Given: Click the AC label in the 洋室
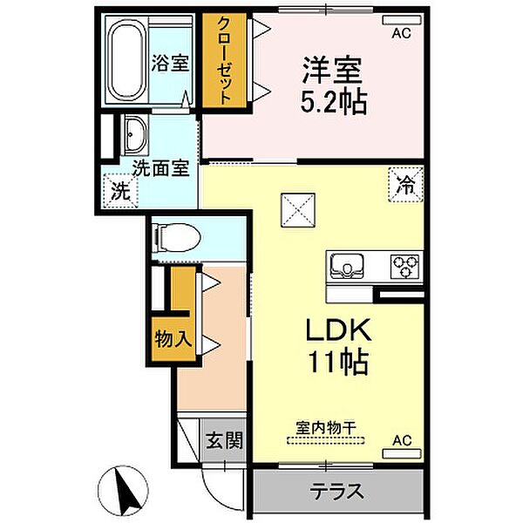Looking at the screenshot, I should [x=400, y=33].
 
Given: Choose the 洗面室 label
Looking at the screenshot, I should [x=160, y=168].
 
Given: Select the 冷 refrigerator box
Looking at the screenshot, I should [x=404, y=184].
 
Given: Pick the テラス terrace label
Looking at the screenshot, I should [x=336, y=492].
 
